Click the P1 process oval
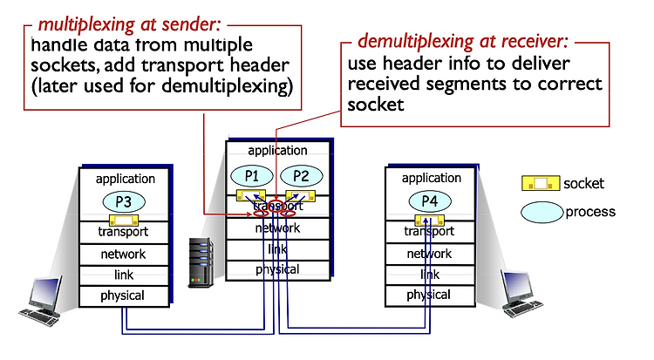pos(252,176)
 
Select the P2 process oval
pos(301,176)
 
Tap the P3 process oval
pos(124,202)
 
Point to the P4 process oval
pos(430,201)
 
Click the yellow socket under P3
pos(124,221)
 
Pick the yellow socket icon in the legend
pos(541,184)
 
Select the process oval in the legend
pos(542,212)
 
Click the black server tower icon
pos(201,262)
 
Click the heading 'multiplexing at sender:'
pos(129,25)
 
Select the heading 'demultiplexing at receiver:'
pos(463,41)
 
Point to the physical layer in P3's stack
pos(124,295)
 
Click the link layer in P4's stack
pos(430,275)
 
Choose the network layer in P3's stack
pos(124,254)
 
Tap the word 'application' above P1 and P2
pos(278,151)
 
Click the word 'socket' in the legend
pos(583,184)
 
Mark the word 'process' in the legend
pos(590,212)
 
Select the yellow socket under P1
pos(251,195)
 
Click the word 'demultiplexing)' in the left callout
pos(228,86)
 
